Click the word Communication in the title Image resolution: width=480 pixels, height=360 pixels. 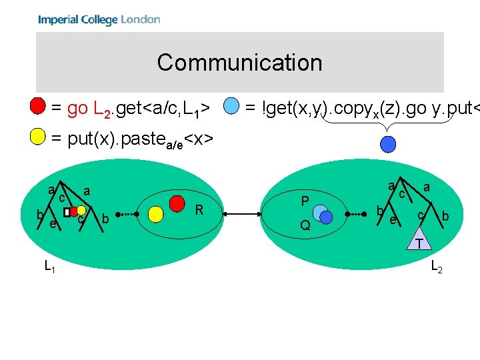coord(239,63)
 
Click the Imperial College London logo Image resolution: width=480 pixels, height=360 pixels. coord(99,19)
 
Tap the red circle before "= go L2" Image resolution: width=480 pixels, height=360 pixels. coord(39,106)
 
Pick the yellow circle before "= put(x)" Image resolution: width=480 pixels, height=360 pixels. coord(39,138)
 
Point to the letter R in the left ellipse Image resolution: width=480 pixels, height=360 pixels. coord(199,211)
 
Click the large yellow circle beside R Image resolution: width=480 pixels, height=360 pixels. coord(155,213)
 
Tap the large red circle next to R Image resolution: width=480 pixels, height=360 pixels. coord(177,201)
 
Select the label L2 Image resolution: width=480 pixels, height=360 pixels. coord(437,267)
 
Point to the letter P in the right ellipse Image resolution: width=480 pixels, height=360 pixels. coord(305,201)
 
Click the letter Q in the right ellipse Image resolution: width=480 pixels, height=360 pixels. coord(305,225)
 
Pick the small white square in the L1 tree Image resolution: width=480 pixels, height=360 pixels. coord(67,212)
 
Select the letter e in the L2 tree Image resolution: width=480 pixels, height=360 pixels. coord(393,219)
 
